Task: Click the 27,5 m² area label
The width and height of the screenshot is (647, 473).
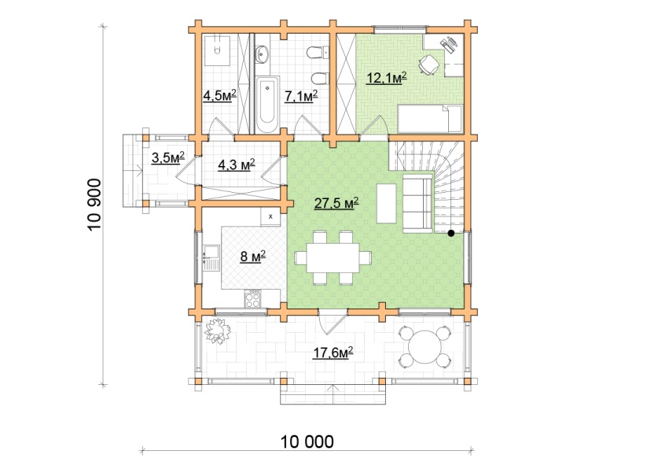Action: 336,203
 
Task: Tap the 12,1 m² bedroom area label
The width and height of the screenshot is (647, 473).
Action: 387,78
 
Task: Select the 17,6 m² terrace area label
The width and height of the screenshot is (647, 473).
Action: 333,353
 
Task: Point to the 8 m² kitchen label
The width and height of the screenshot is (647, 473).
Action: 253,257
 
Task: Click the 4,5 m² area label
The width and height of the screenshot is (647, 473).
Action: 219,96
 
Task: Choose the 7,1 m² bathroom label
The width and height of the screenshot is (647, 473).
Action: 301,96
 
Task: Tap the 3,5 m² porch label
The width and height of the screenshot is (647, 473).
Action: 168,157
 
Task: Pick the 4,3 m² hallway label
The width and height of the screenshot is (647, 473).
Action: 237,164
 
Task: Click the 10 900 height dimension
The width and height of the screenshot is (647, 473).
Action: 94,205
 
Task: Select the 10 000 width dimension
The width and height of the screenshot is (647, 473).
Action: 307,442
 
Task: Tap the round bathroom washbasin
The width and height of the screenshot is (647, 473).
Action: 261,54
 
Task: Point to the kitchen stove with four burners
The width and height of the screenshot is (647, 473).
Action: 252,298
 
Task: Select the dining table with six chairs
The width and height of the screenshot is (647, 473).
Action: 333,258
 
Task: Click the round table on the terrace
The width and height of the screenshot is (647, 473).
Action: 425,346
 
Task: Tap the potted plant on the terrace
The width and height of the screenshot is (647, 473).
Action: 217,331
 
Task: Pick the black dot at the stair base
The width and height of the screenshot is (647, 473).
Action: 451,234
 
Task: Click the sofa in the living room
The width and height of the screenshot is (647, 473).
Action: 417,203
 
